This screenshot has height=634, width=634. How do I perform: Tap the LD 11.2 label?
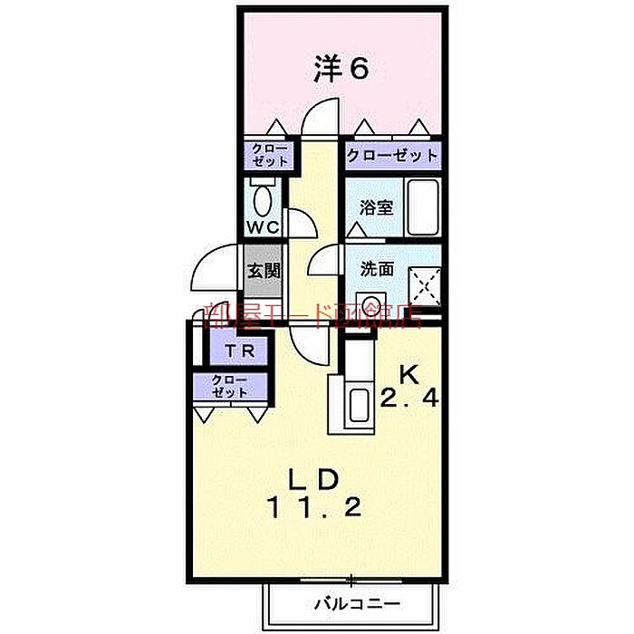[x=314, y=493]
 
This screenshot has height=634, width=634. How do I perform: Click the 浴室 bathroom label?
[x=375, y=207]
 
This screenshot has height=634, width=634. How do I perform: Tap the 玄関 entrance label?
[x=264, y=270]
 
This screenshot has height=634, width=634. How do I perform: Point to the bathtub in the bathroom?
[x=422, y=207]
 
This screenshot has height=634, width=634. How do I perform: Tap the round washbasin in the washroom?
[x=371, y=304]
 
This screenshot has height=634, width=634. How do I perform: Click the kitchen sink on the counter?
[x=359, y=402]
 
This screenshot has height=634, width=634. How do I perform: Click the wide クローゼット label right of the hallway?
[x=391, y=156]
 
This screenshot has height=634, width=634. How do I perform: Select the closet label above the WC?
[x=269, y=155]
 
